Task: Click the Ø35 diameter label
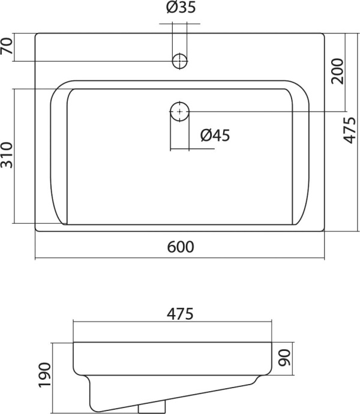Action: pyautogui.click(x=179, y=9)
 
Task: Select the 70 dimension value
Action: pyautogui.click(x=7, y=47)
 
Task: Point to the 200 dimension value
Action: pyautogui.click(x=338, y=71)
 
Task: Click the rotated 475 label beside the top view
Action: pyautogui.click(x=352, y=131)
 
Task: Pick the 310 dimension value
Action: pyautogui.click(x=7, y=155)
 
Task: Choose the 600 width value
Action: pyautogui.click(x=180, y=247)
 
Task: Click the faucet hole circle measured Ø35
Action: pyautogui.click(x=179, y=61)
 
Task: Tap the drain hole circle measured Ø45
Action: pyautogui.click(x=179, y=111)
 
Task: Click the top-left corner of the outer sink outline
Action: pyautogui.click(x=37, y=34)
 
